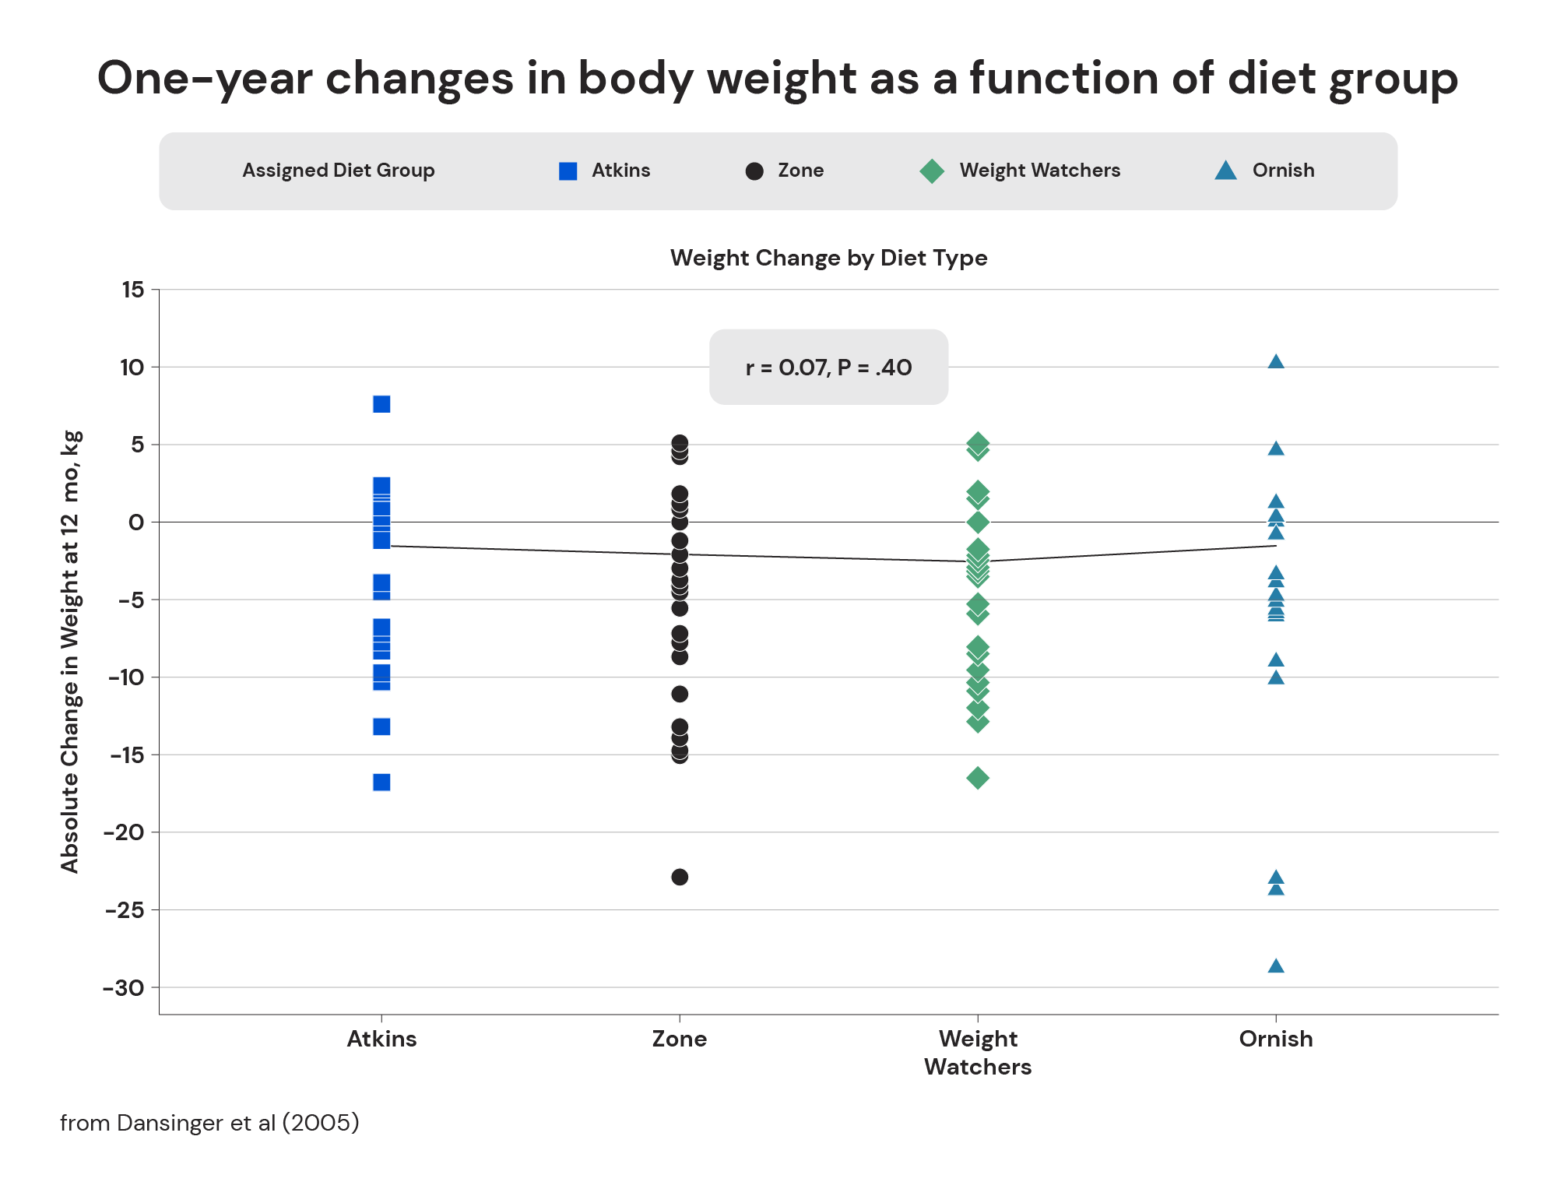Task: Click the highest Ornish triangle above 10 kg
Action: click(1275, 362)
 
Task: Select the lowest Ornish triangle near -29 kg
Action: click(1275, 966)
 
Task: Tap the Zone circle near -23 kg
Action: click(680, 877)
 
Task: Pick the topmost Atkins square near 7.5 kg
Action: click(381, 404)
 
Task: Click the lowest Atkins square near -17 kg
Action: click(381, 782)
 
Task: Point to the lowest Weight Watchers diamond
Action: click(978, 778)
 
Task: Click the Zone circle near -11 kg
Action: click(680, 694)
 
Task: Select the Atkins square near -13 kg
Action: click(381, 726)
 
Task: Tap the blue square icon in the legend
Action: click(568, 171)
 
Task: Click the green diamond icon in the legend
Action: click(932, 171)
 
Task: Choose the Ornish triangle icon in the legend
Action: click(1226, 171)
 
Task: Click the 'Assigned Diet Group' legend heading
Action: click(338, 171)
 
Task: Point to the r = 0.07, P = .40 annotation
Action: click(828, 368)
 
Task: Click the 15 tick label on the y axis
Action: click(133, 290)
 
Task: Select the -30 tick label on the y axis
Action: click(124, 988)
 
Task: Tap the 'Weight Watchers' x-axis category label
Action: click(978, 1052)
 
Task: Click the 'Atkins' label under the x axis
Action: click(381, 1039)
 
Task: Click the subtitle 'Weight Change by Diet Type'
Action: click(828, 258)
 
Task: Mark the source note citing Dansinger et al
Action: click(209, 1123)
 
